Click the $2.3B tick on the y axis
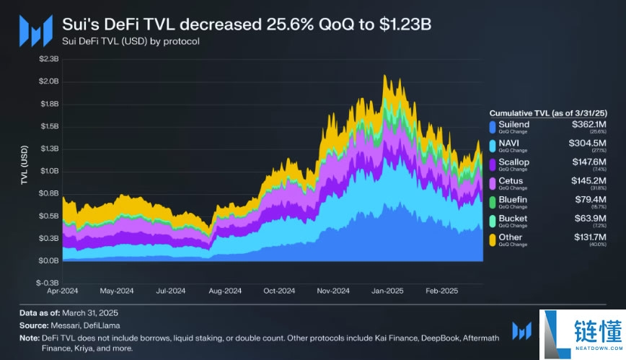click(48, 59)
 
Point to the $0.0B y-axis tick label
click(48, 260)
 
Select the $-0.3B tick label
click(47, 283)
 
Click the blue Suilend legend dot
click(493, 127)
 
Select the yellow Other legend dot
click(493, 240)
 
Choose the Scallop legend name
click(513, 162)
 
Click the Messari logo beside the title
click(35, 31)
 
